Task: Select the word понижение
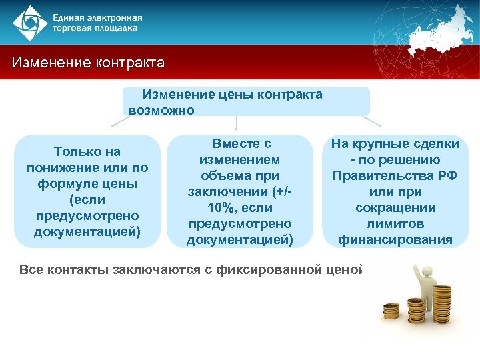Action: (x=65, y=168)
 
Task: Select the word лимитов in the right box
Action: (x=395, y=224)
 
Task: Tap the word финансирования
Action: (x=395, y=240)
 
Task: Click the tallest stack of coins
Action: (x=442, y=304)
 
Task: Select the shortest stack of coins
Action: (x=391, y=310)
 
